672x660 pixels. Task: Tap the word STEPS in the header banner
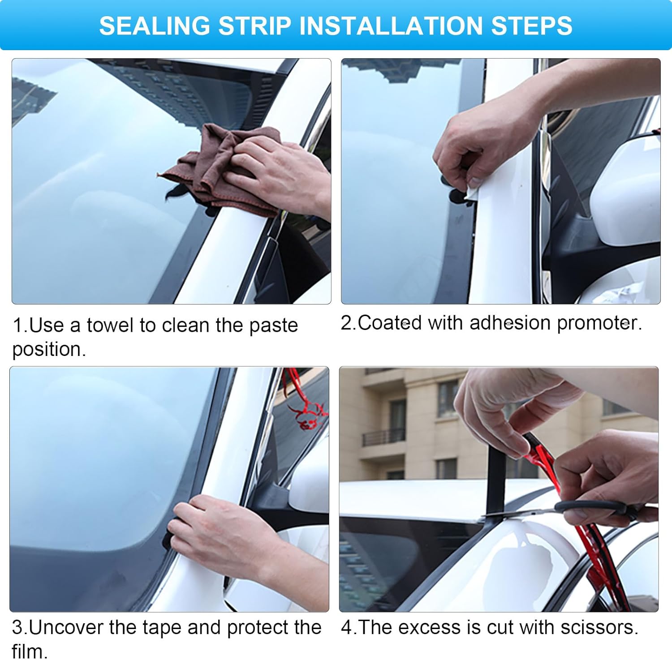(x=531, y=26)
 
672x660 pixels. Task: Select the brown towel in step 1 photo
(x=215, y=170)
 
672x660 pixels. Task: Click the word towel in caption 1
(x=111, y=326)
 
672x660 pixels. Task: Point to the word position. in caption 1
(x=49, y=350)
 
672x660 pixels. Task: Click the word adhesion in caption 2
(x=509, y=323)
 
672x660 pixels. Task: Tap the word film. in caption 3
(x=30, y=651)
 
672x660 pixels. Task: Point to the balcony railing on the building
(x=383, y=437)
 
